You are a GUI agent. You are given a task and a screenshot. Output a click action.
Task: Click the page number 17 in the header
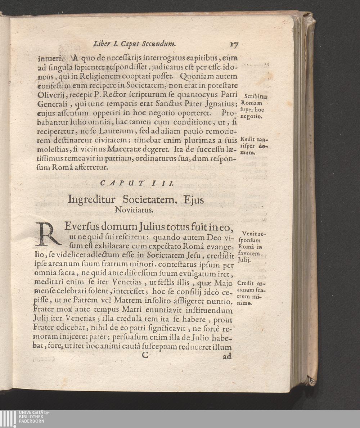coord(234,45)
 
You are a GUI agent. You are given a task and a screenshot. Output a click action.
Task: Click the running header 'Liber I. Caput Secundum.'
coord(134,44)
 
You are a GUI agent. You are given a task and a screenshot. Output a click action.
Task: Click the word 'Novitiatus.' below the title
coord(134,210)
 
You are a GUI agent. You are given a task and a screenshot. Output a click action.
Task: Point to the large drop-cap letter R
coord(48,234)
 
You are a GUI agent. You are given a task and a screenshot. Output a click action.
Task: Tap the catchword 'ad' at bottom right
coord(227,356)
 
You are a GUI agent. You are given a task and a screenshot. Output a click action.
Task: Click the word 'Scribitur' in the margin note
coord(255,96)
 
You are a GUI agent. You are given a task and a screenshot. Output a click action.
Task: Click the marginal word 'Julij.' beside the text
coord(245,260)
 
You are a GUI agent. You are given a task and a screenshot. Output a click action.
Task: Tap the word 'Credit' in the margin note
coord(246,284)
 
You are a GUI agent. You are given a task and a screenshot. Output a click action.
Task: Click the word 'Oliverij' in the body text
coord(52,95)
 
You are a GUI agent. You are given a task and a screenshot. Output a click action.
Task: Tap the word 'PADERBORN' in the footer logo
coord(32,421)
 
